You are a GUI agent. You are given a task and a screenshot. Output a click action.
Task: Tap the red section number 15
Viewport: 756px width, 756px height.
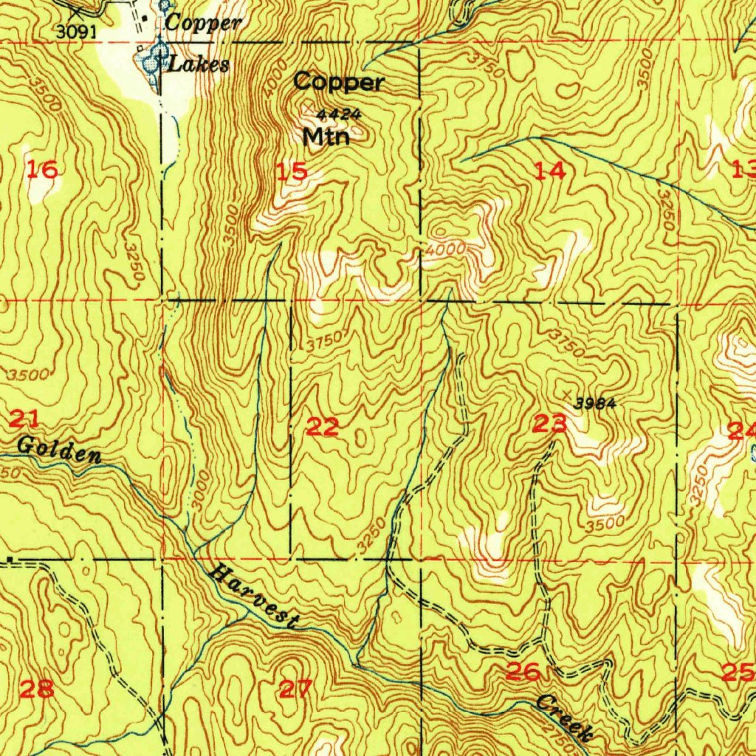point(292,172)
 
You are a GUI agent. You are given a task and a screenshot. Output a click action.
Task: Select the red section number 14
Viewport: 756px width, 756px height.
point(551,171)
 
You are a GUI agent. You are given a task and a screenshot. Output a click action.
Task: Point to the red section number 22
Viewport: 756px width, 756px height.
point(323,426)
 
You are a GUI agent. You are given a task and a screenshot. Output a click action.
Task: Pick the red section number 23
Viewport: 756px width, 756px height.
point(549,424)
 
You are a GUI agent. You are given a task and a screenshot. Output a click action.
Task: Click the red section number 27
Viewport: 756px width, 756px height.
point(295,690)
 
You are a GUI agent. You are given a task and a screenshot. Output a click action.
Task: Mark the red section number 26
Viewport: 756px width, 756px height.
point(523,672)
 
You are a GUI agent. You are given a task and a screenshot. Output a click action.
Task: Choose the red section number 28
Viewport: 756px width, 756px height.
point(36,690)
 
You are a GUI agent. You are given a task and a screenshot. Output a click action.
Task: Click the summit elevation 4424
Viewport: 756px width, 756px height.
point(338,114)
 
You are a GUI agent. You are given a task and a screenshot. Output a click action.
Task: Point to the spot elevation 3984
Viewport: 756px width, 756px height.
point(595,402)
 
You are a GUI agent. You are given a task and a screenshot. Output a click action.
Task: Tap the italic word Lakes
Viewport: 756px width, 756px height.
point(199,65)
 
